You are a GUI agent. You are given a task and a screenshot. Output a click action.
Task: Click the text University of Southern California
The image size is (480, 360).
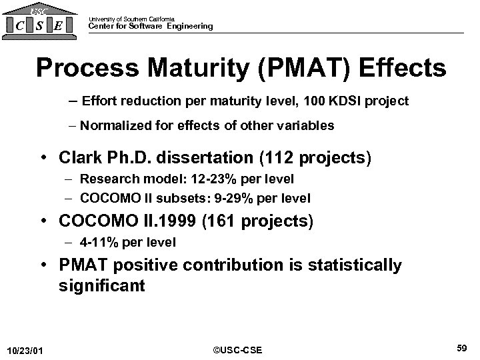pos(131,19)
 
